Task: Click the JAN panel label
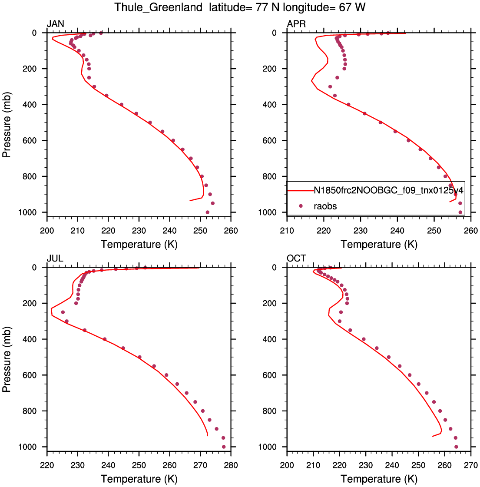55,24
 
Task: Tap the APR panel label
296,24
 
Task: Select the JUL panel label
55,258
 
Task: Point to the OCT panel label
296,258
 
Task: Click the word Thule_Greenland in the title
159,7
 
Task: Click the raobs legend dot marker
301,206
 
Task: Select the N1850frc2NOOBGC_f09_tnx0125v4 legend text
388,190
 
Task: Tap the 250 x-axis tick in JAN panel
200,231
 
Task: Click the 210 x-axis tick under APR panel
287,231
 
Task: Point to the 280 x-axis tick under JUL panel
231,465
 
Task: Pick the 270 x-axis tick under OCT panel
471,465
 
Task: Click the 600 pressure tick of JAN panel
30,141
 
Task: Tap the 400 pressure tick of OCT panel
269,339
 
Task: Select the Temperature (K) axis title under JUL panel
139,479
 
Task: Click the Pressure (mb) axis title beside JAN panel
7,125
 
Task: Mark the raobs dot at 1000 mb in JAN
207,212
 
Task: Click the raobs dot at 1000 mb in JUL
224,447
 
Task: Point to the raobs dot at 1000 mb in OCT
456,447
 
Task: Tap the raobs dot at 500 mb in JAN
150,123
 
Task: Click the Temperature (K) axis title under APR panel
379,245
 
